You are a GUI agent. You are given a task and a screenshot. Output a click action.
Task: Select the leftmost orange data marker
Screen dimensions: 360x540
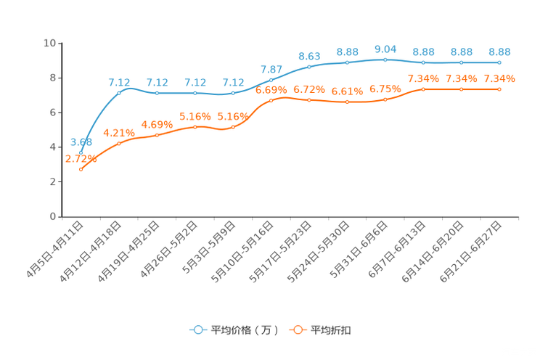pos(81,169)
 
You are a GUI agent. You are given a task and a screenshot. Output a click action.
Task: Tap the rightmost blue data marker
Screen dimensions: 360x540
pos(499,63)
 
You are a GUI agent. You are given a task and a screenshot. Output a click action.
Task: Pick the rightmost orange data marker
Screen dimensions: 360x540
pos(499,89)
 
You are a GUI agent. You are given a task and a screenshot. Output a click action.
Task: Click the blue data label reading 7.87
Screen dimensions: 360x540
pos(271,70)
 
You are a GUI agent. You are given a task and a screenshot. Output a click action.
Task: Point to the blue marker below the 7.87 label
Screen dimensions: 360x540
pos(271,80)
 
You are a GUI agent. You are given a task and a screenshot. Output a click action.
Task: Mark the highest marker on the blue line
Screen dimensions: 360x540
pos(385,60)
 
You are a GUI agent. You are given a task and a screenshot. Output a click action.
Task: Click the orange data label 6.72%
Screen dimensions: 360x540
pos(309,89)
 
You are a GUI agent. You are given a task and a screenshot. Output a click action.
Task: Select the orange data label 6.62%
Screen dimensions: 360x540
pos(347,92)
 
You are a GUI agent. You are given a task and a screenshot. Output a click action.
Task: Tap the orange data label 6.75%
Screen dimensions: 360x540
pos(385,89)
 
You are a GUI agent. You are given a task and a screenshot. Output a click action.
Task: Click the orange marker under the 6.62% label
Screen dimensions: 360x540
pos(347,102)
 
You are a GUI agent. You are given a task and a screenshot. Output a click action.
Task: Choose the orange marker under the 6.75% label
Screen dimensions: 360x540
pos(385,99)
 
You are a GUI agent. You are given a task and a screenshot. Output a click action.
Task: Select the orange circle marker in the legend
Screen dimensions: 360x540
pos(298,330)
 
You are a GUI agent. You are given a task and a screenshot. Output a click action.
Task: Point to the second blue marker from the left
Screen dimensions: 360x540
pos(119,93)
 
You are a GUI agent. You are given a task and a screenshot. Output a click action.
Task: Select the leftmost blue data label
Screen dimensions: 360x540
pos(81,141)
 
